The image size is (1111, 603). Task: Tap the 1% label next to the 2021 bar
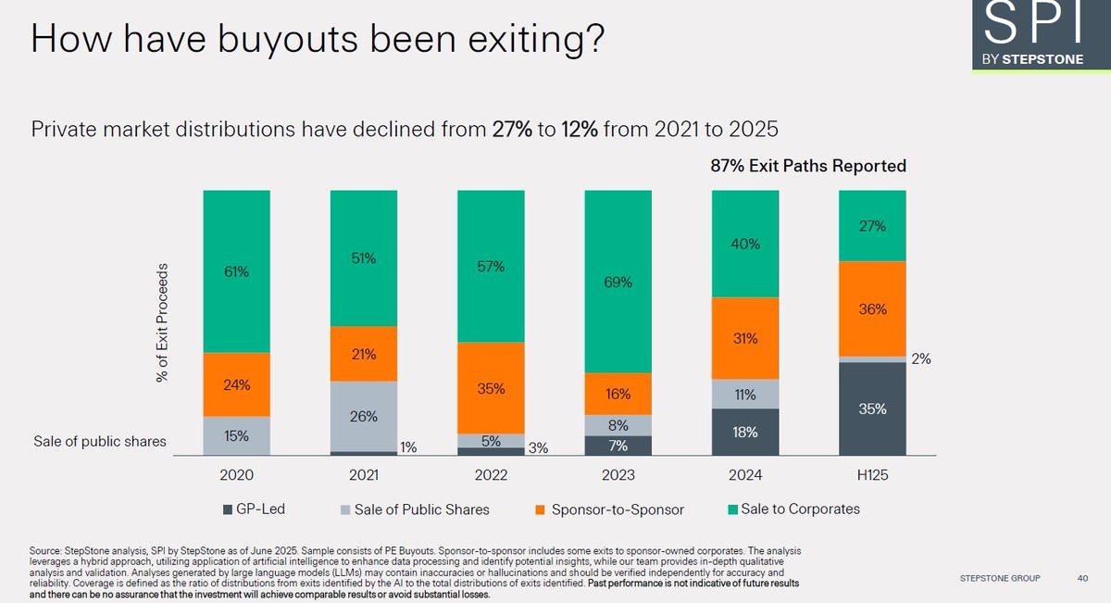pyautogui.click(x=408, y=448)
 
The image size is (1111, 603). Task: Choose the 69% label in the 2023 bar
pyautogui.click(x=618, y=283)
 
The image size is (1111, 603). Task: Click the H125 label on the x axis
pyautogui.click(x=871, y=475)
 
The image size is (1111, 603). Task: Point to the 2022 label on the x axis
pyautogui.click(x=491, y=475)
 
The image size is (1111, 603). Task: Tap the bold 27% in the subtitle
pyautogui.click(x=513, y=128)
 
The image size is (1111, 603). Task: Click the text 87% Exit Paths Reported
pyautogui.click(x=802, y=167)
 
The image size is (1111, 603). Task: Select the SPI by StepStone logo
pyautogui.click(x=1033, y=37)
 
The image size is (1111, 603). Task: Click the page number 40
pyautogui.click(x=1082, y=579)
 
